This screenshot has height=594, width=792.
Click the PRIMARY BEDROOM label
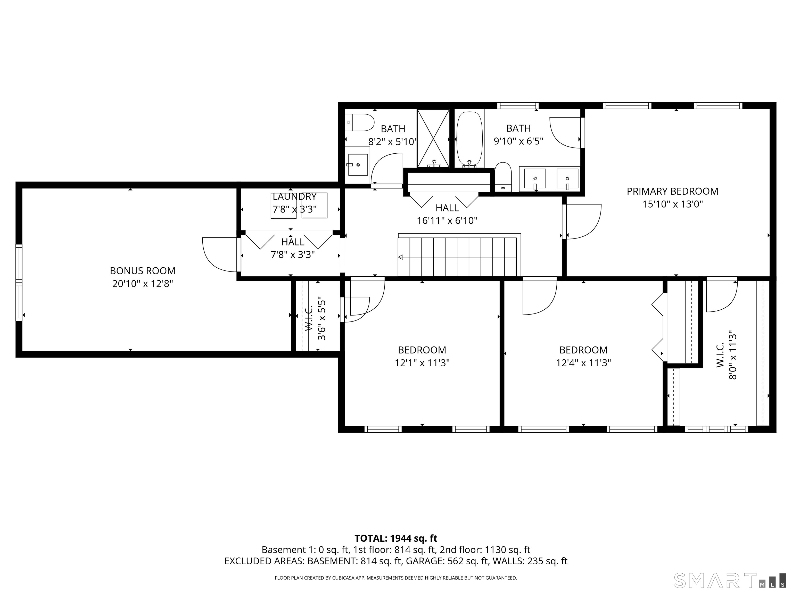tap(672, 191)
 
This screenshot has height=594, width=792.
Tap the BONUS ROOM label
tap(143, 271)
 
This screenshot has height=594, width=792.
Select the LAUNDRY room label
tap(294, 196)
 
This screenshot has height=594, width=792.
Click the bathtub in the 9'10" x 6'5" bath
tap(469, 139)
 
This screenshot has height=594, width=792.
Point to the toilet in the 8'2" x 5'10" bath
tap(359, 122)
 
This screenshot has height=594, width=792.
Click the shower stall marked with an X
tap(433, 138)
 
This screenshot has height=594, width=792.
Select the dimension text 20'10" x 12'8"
tap(143, 284)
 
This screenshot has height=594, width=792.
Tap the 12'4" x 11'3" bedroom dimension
tap(583, 363)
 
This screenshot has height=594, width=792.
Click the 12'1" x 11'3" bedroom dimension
tap(422, 363)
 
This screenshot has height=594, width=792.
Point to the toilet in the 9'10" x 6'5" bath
tap(503, 177)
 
